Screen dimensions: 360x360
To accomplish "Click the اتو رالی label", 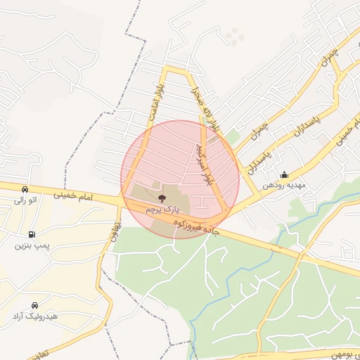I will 25,200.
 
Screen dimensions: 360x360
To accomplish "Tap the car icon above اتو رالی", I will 25,189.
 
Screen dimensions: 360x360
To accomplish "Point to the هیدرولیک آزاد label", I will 35,316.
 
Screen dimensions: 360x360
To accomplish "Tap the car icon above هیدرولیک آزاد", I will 35,305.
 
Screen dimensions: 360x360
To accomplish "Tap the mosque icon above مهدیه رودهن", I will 284,175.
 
